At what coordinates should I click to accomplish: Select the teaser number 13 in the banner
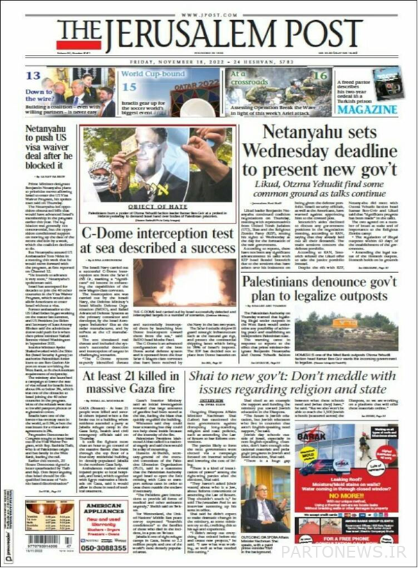point(34,76)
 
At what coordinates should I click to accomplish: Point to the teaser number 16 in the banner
point(319,76)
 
